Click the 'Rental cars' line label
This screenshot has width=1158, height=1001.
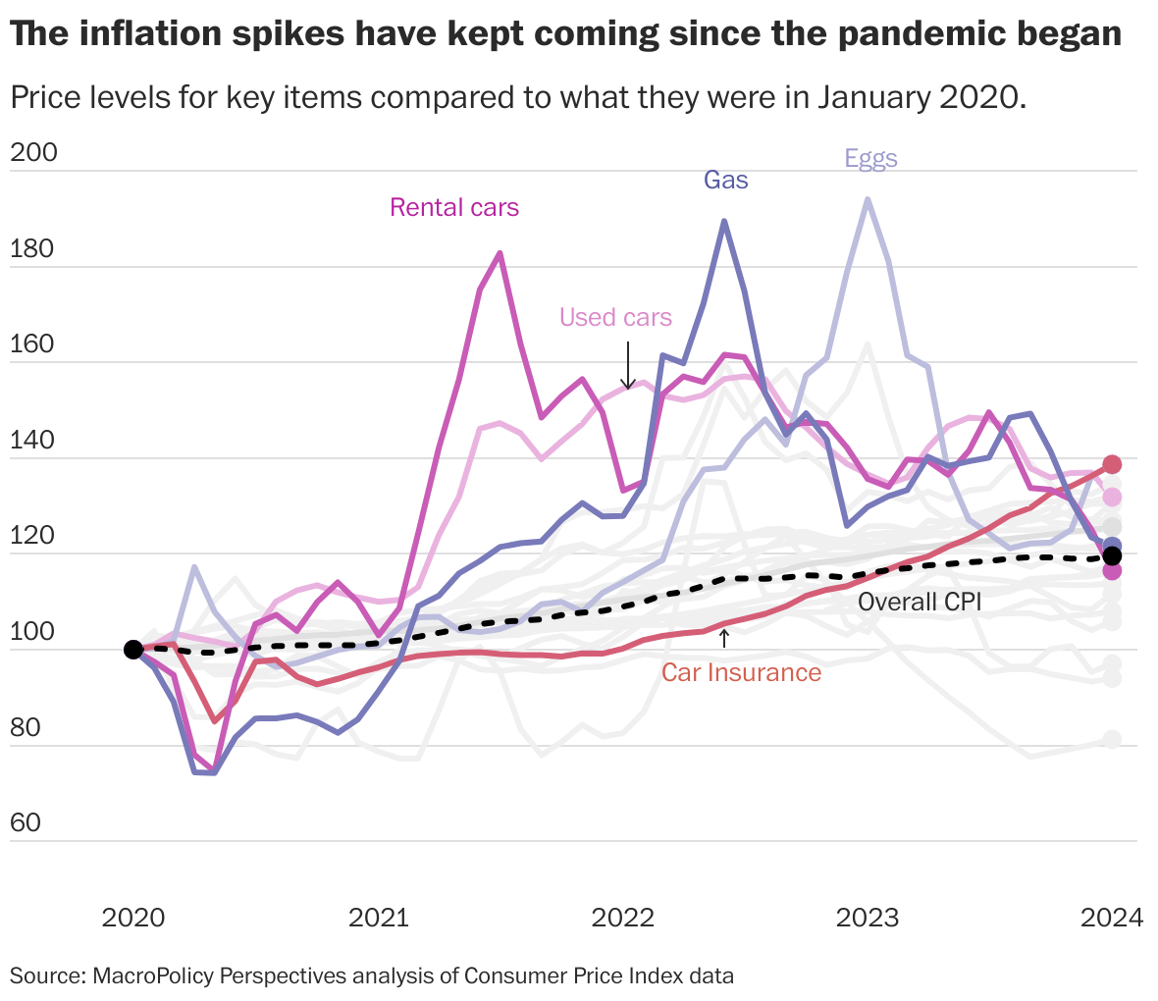[x=454, y=207]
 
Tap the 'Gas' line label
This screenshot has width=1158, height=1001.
[x=725, y=180]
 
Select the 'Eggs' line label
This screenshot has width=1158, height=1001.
[x=870, y=158]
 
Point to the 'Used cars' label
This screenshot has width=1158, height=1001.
[x=615, y=317]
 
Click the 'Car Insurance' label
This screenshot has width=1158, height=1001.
[x=741, y=672]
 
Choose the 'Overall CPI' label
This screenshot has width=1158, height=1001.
[x=920, y=602]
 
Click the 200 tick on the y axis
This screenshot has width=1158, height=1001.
[x=33, y=152]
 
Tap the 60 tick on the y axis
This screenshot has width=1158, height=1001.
[x=26, y=822]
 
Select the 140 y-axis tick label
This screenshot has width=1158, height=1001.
[x=33, y=440]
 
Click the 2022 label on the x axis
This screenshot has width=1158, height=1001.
[x=622, y=918]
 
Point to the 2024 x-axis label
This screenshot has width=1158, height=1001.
[x=1111, y=918]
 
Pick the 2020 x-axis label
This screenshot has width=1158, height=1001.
[x=134, y=918]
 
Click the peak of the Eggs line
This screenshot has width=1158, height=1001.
[x=868, y=198]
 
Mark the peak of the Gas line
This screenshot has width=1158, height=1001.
[x=724, y=221]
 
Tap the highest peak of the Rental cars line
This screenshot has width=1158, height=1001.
[x=500, y=253]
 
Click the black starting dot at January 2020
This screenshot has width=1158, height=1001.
[x=133, y=649]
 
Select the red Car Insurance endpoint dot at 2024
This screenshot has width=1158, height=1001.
[x=1112, y=464]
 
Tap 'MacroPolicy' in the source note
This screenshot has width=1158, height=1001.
[x=153, y=975]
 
